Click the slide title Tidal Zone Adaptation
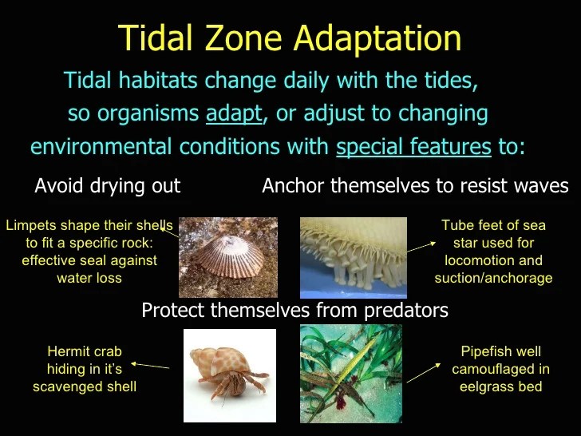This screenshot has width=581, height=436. pos(290,38)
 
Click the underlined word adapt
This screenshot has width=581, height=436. pos(233,113)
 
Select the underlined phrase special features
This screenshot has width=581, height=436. pos(413,147)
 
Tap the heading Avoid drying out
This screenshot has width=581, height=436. pos(108,186)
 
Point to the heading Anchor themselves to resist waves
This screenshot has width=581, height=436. pos(415,186)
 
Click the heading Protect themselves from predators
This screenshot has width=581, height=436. pos(294,310)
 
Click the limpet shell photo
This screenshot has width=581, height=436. pos(228,257)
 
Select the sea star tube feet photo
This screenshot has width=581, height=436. pos(352,257)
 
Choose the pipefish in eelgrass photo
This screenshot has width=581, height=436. pos(350,374)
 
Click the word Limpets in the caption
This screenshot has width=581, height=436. pos(30,225)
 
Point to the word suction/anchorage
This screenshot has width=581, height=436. pos(493,278)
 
